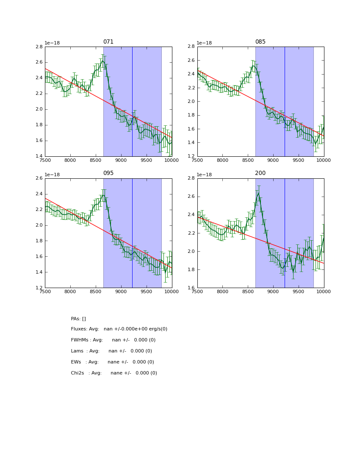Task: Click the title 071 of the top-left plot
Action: [108, 42]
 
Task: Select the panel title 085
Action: [260, 42]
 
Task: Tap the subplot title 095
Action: [108, 173]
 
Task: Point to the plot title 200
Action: [260, 173]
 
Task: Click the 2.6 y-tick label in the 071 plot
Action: [39, 62]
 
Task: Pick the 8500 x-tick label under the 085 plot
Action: [248, 161]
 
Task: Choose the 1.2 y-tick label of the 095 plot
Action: [39, 288]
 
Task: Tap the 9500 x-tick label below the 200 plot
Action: [299, 292]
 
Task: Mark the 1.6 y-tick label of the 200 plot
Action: [191, 288]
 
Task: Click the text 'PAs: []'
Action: [78, 319]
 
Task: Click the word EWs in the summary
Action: [76, 362]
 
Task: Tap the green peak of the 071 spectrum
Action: [102, 61]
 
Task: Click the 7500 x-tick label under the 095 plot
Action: [45, 292]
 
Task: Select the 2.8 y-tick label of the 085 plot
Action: [191, 47]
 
